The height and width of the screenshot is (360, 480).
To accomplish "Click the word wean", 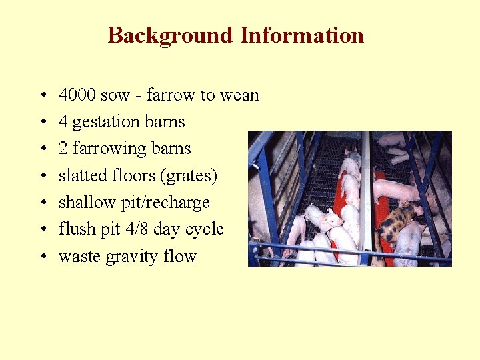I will [x=239, y=95].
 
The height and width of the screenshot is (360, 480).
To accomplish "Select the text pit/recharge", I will [x=171, y=203].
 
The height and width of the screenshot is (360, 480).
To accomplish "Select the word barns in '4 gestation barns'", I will [x=167, y=123].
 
